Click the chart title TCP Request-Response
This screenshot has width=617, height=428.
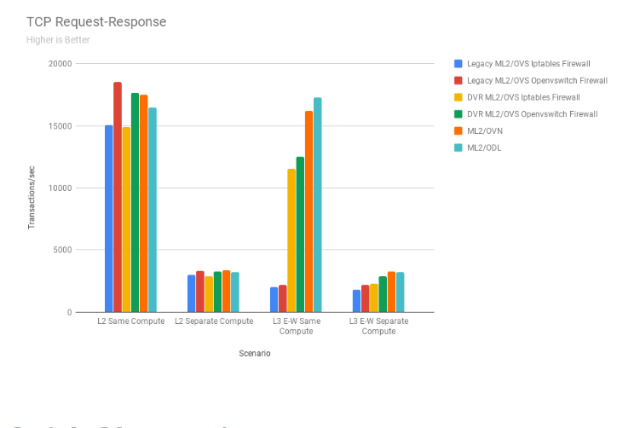(x=96, y=21)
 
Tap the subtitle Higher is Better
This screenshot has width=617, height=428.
(x=58, y=39)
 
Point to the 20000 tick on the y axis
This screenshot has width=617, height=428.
(x=60, y=64)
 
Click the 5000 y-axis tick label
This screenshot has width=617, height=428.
(x=62, y=250)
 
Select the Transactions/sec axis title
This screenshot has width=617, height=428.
(x=32, y=197)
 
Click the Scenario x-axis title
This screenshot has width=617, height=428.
(x=255, y=353)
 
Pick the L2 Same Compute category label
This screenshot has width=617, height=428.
(x=130, y=321)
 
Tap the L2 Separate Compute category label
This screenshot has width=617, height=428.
(x=214, y=321)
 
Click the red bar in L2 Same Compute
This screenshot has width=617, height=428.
(x=118, y=197)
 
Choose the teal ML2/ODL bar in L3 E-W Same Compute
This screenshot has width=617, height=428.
(x=318, y=205)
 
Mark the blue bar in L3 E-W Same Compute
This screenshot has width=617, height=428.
(x=274, y=299)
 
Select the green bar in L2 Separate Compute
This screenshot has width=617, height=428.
(x=217, y=292)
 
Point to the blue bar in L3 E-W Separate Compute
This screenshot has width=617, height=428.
(x=356, y=301)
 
